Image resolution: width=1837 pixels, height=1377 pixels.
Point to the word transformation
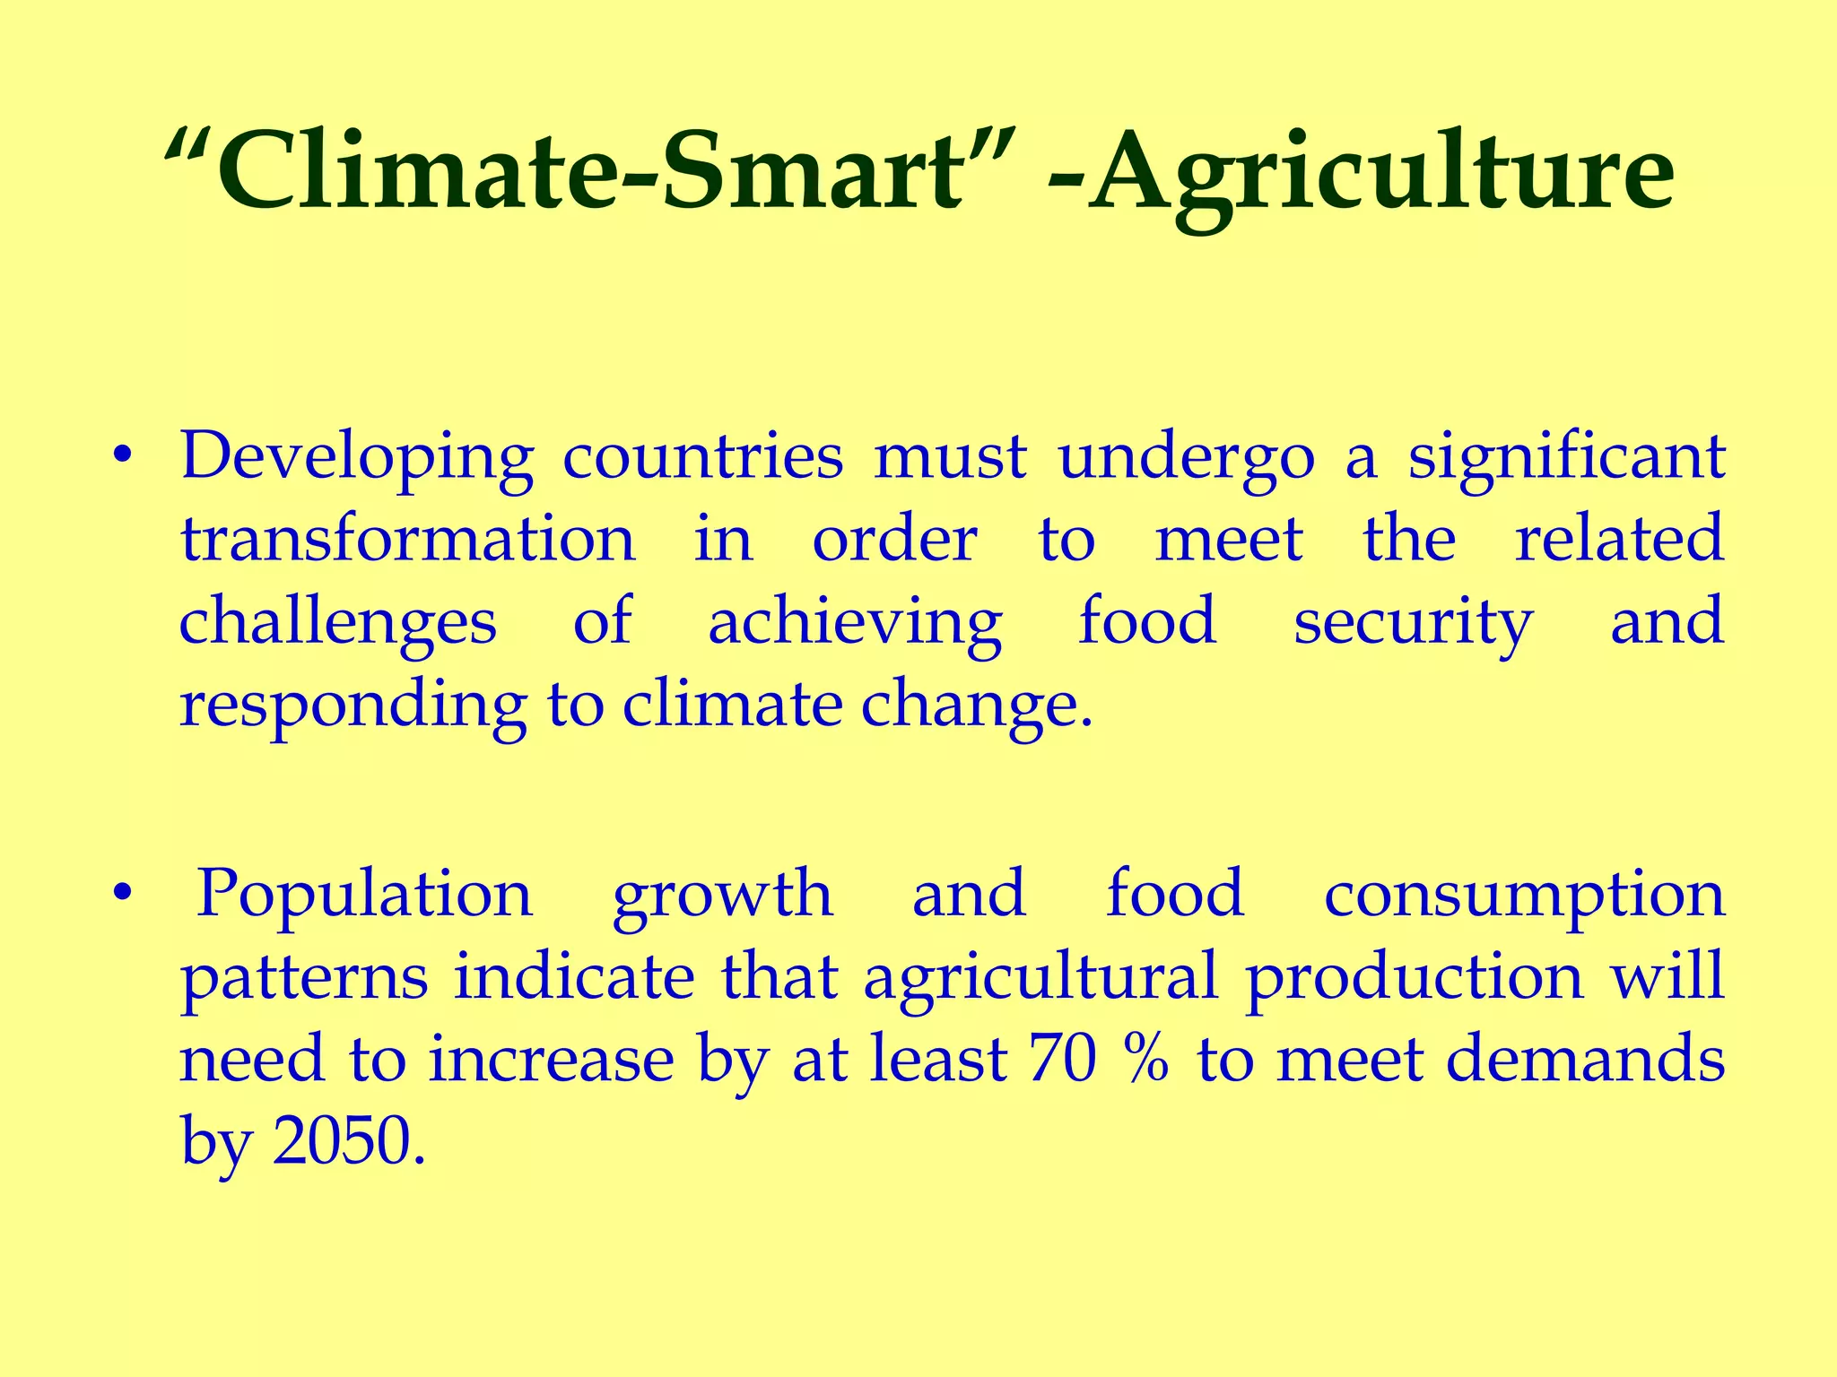tap(408, 540)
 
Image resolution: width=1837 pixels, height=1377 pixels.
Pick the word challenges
tap(337, 623)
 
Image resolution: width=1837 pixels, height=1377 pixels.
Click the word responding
tap(353, 706)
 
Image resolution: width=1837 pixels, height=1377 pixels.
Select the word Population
tap(365, 896)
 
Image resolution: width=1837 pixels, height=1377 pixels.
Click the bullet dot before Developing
tap(123, 457)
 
